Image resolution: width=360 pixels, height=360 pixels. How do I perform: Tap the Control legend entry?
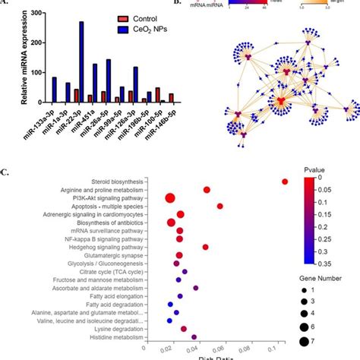click(x=133, y=16)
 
